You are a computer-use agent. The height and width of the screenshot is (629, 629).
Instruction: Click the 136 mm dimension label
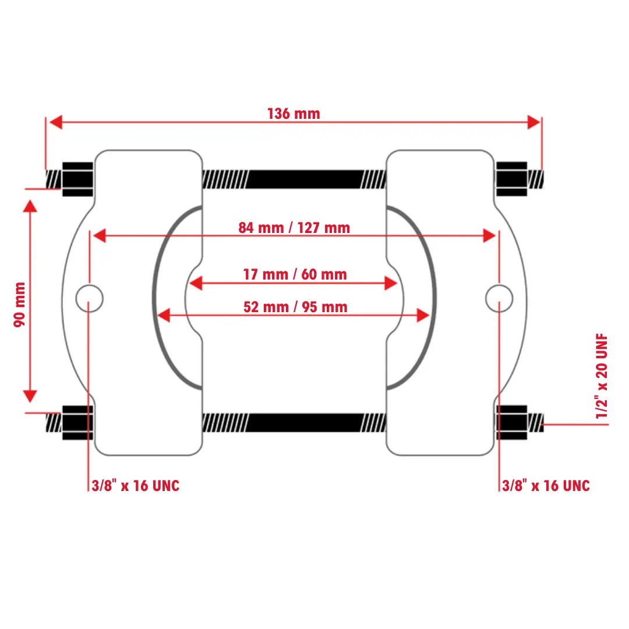(294, 114)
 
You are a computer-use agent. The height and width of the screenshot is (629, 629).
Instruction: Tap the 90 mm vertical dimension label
(20, 305)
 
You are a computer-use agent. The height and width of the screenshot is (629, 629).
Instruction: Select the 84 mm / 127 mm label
(294, 228)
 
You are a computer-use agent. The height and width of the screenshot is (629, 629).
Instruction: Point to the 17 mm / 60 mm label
(295, 274)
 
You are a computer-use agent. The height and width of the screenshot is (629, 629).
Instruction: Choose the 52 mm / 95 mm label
(295, 307)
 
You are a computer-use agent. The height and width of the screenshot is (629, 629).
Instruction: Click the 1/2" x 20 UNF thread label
(602, 376)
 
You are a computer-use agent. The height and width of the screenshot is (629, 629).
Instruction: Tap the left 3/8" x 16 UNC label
(136, 486)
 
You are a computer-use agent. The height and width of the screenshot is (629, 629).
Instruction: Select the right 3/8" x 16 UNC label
(546, 486)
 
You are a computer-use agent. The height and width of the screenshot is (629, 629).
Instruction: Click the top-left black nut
(78, 179)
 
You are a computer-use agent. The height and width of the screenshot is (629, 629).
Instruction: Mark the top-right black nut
(511, 179)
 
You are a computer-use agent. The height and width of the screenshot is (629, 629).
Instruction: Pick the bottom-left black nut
(78, 422)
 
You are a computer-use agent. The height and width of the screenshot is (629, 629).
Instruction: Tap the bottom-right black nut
(511, 422)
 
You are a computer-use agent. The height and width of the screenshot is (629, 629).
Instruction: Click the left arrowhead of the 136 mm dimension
(55, 122)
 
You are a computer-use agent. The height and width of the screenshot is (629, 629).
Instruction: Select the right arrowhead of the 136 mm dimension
(533, 122)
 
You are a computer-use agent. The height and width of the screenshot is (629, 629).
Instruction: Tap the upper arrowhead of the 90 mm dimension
(30, 206)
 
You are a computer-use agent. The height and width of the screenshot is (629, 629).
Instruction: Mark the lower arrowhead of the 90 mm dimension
(30, 396)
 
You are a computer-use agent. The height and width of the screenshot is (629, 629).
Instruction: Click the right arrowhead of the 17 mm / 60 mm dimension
(391, 283)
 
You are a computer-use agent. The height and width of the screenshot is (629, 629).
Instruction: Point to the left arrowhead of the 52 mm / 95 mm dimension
(164, 316)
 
